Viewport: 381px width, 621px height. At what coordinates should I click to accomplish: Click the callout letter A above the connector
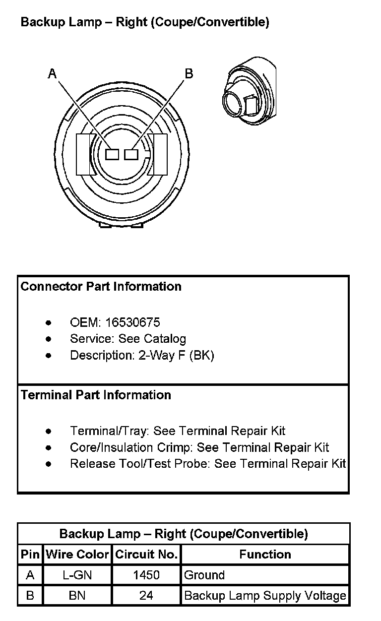pyautogui.click(x=52, y=74)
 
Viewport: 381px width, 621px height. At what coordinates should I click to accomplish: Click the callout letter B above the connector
pyautogui.click(x=189, y=74)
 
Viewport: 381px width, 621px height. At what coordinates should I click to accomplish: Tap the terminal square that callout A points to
pyautogui.click(x=112, y=154)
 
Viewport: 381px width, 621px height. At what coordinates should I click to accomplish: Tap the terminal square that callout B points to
pyautogui.click(x=131, y=154)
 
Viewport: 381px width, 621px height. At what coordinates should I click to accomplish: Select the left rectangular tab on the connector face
pyautogui.click(x=83, y=154)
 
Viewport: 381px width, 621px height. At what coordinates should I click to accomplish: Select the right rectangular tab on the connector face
pyautogui.click(x=160, y=154)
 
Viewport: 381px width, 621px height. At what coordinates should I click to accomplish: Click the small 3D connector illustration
pyautogui.click(x=250, y=91)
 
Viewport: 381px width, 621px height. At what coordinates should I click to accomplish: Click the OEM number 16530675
pyautogui.click(x=132, y=322)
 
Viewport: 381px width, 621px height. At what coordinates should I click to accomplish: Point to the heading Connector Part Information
pyautogui.click(x=101, y=286)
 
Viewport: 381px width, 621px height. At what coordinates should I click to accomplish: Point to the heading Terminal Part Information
pyautogui.click(x=96, y=395)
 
